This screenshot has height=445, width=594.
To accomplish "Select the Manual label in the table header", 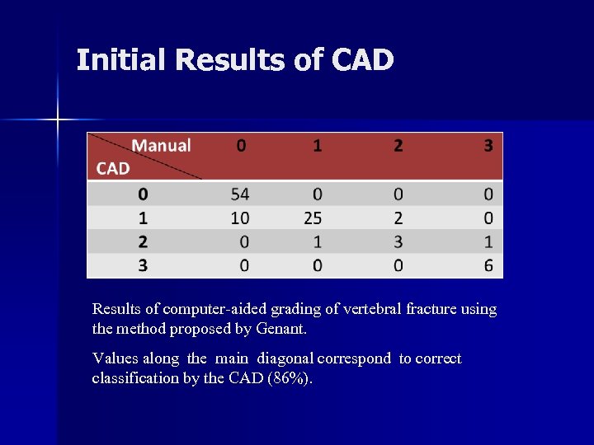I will click(161, 146).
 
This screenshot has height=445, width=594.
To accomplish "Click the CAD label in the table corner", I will click(113, 169).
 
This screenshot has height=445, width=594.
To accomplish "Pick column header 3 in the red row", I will click(488, 146).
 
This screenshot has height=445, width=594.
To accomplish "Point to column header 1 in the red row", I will click(318, 146).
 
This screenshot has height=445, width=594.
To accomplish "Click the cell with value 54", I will click(240, 194).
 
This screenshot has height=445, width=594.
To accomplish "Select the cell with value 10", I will click(240, 218).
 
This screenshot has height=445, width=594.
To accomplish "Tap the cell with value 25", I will click(313, 218).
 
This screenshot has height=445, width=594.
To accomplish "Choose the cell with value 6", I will click(488, 265).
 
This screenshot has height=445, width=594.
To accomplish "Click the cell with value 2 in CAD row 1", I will click(398, 218).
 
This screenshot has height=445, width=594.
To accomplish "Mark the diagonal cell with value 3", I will click(398, 242).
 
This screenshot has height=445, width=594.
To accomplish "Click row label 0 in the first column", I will click(144, 194).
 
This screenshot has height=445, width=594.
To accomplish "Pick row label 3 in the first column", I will click(144, 265).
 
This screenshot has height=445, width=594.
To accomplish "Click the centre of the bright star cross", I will click(58, 120).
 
